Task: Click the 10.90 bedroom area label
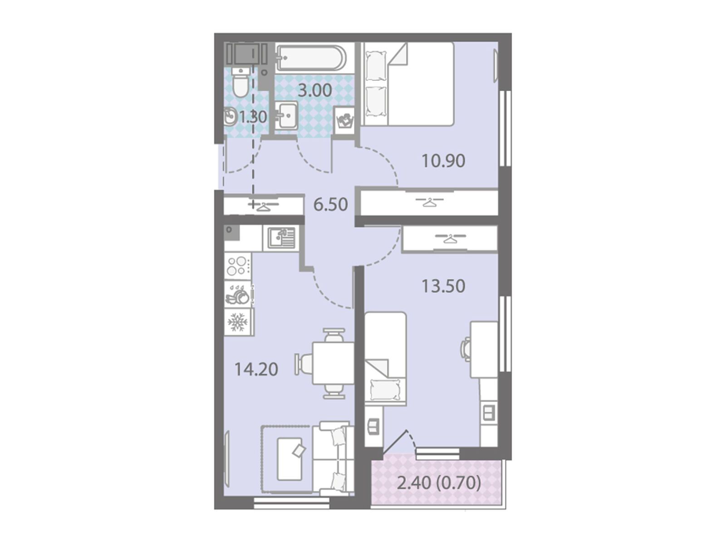pyautogui.click(x=443, y=161)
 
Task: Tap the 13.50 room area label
pyautogui.click(x=443, y=286)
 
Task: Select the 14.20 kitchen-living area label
pyautogui.click(x=256, y=369)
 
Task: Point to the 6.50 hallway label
pyautogui.click(x=330, y=204)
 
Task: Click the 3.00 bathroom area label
pyautogui.click(x=314, y=90)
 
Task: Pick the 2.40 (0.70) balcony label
pyautogui.click(x=439, y=484)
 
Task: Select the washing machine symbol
pyautogui.click(x=344, y=120)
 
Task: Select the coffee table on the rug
pyautogui.click(x=289, y=459)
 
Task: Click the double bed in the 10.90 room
pyautogui.click(x=407, y=84)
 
